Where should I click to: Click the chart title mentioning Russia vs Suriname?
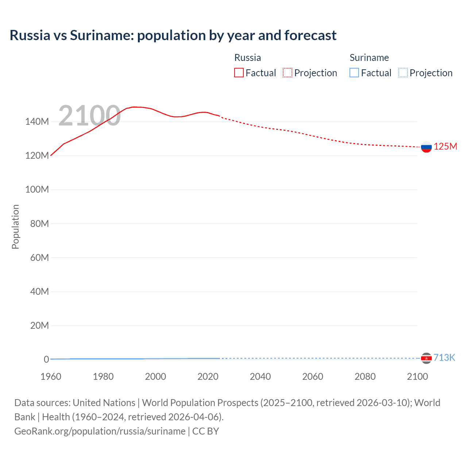(173, 35)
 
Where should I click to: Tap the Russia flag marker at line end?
(426, 147)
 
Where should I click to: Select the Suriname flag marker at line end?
(426, 358)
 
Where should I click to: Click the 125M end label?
(445, 146)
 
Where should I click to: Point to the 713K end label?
(444, 358)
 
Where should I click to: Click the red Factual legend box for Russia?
(239, 73)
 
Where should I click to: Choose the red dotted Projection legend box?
(287, 73)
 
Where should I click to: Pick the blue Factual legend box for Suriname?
(354, 73)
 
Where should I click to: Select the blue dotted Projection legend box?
(403, 73)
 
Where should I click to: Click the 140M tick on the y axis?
(37, 122)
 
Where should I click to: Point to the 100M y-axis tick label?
(37, 190)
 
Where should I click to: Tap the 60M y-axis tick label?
(39, 258)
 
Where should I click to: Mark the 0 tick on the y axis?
(46, 359)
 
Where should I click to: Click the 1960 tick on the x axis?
(51, 377)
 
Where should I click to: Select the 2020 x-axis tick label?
(208, 377)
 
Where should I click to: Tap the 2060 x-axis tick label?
(313, 377)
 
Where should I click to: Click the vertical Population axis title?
(15, 227)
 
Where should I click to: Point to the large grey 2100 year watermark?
(89, 116)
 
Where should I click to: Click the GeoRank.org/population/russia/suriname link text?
(100, 431)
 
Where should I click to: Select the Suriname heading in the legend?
(369, 58)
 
